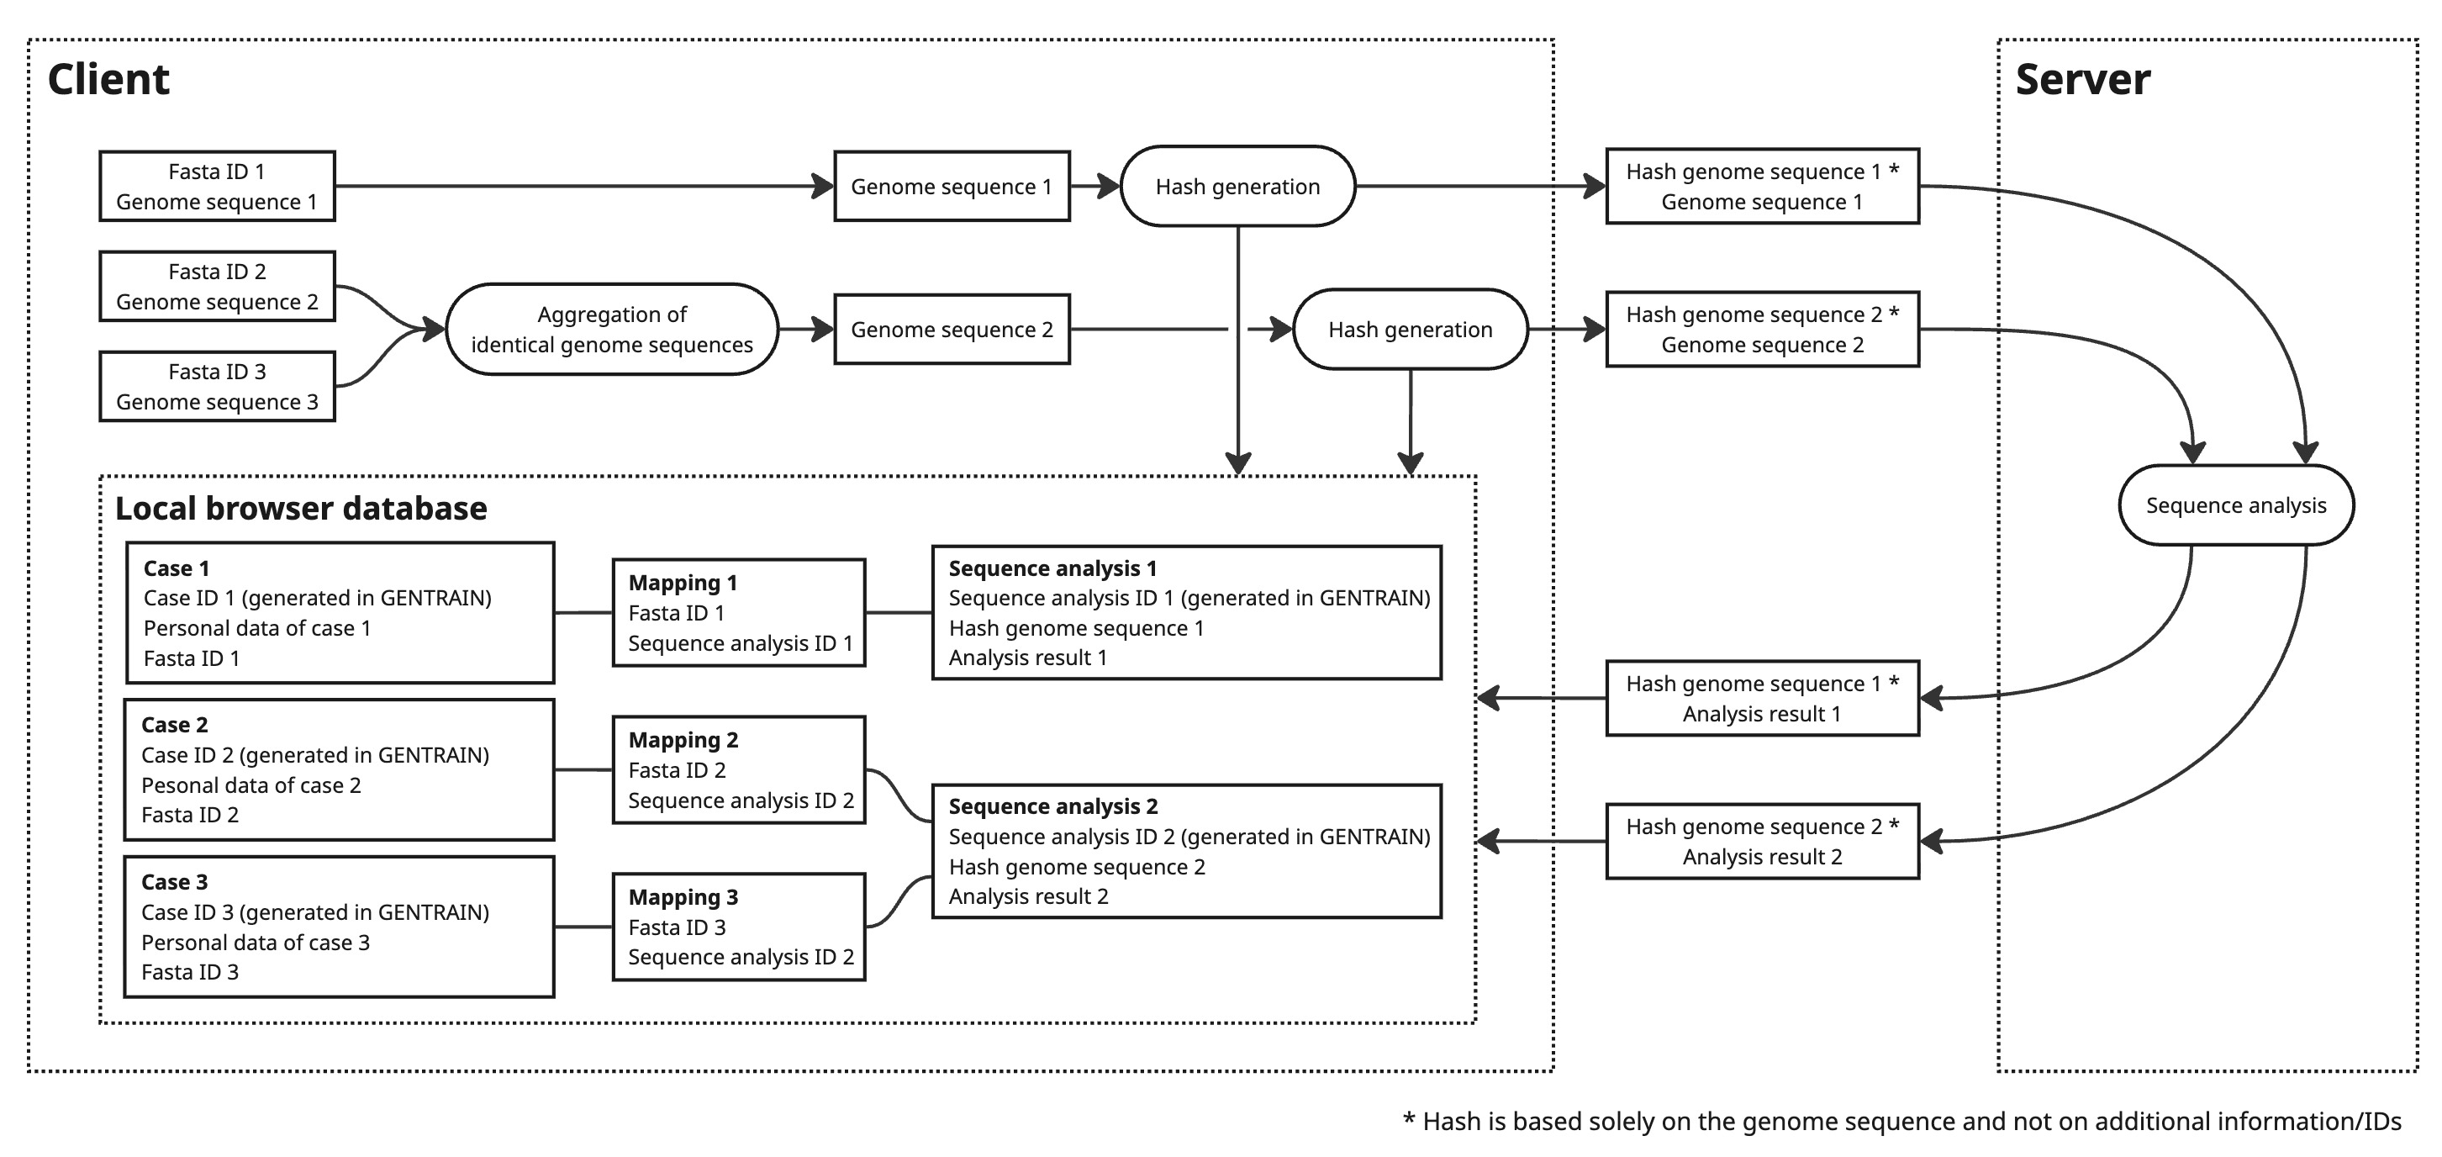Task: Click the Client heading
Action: pos(108,80)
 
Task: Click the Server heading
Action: pos(2081,80)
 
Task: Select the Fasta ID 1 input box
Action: pos(217,187)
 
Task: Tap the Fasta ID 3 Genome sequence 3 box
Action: pos(217,387)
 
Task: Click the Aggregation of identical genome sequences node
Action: pos(611,330)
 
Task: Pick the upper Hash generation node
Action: pos(1237,187)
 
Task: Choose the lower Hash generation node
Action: pos(1410,330)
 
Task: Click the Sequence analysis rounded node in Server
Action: pos(2235,505)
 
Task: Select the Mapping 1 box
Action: pos(738,613)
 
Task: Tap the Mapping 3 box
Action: pos(738,927)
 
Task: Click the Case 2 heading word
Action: pos(175,726)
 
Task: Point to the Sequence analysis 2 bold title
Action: pos(1052,807)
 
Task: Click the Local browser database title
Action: pos(300,510)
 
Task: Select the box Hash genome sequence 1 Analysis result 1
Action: pos(1761,699)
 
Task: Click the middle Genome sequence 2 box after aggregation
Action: pos(951,330)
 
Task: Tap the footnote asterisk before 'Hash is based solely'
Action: pos(1409,1120)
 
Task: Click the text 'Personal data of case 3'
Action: pos(255,943)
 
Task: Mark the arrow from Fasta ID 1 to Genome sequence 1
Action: pos(583,187)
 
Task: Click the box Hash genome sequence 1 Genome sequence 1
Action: pos(1761,187)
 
